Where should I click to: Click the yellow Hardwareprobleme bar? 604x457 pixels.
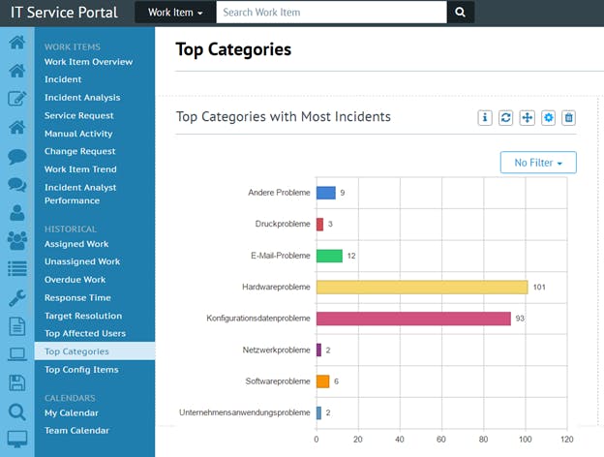tap(422, 287)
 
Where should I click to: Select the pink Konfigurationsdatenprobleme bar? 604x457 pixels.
tap(413, 319)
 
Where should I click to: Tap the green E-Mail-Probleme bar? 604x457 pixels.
tap(329, 256)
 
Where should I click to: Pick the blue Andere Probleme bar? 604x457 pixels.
tap(325, 193)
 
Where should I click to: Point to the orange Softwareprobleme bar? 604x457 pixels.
tap(322, 381)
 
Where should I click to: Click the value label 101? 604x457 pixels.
tap(540, 288)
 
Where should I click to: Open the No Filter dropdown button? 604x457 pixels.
tap(538, 163)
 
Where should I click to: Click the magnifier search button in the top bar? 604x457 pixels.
tap(460, 13)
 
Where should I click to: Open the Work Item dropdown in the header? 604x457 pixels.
tap(175, 13)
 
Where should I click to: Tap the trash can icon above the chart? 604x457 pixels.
tap(569, 118)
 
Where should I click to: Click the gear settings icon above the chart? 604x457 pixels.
tap(548, 118)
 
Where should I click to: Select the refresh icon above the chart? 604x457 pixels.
tap(506, 118)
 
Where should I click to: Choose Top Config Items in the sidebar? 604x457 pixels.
tap(81, 370)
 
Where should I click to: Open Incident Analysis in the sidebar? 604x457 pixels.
tap(82, 98)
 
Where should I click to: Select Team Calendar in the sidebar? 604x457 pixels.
tap(76, 431)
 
